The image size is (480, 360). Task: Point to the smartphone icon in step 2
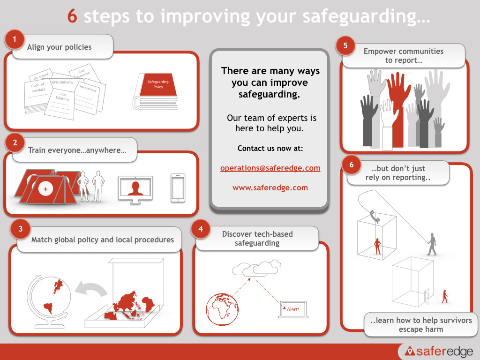[178, 188]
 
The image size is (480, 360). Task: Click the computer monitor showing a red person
[135, 189]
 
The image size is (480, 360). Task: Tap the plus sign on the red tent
[45, 189]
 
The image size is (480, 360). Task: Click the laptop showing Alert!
[293, 310]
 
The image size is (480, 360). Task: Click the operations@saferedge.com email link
[270, 168]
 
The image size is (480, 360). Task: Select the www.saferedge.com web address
[270, 187]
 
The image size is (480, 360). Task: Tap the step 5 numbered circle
[345, 45]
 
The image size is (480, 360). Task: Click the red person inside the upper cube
[377, 246]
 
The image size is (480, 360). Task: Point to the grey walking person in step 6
[432, 244]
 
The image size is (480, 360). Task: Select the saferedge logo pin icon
[410, 351]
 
